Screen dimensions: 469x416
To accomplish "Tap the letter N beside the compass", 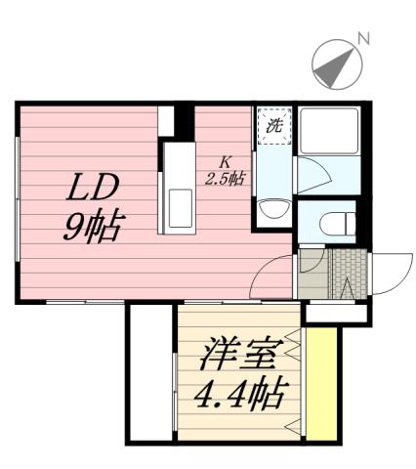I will pyautogui.click(x=362, y=39).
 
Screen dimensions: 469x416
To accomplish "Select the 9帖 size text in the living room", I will pyautogui.click(x=92, y=227).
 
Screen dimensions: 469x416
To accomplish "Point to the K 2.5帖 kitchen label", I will pyautogui.click(x=224, y=170).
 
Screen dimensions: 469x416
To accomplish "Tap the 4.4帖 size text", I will pyautogui.click(x=239, y=396).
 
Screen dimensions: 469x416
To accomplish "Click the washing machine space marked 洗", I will pyautogui.click(x=273, y=125).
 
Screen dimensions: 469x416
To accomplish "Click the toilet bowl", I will pyautogui.click(x=332, y=222).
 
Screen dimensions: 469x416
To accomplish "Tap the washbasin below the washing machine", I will pyautogui.click(x=274, y=207).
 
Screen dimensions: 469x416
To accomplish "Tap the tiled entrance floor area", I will pyautogui.click(x=347, y=275).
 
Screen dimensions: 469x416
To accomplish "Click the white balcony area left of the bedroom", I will pyautogui.click(x=150, y=371).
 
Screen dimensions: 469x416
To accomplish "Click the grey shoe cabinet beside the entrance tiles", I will pyautogui.click(x=312, y=276).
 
